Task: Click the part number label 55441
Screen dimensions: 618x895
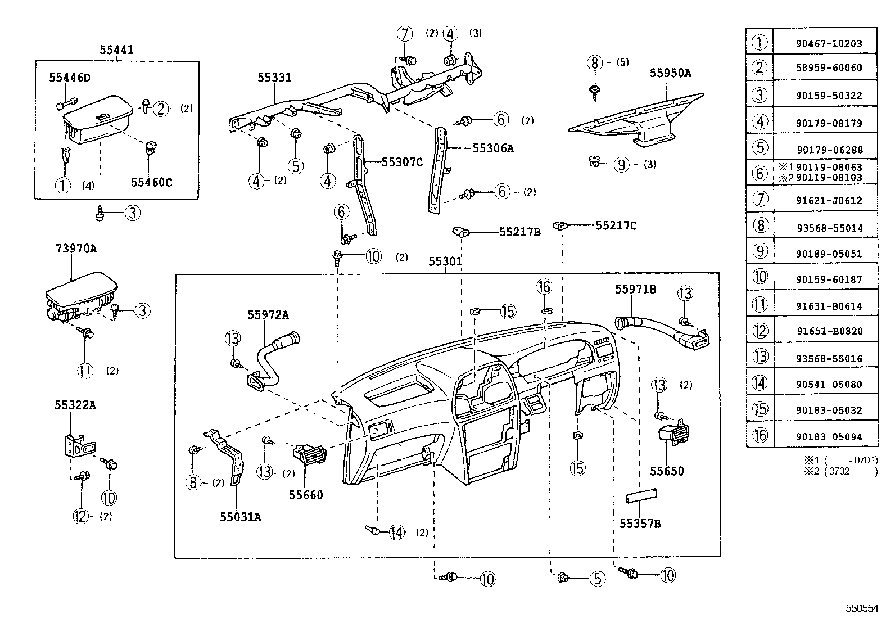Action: click(117, 49)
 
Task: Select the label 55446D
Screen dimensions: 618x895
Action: click(69, 78)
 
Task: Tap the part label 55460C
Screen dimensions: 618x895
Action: click(152, 182)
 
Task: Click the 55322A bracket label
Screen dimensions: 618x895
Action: click(75, 404)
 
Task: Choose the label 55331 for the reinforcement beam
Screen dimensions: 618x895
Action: click(274, 78)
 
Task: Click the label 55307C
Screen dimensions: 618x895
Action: click(402, 163)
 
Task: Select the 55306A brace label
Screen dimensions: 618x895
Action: click(493, 148)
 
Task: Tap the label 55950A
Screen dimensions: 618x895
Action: click(670, 73)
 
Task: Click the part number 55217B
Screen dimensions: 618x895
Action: click(519, 232)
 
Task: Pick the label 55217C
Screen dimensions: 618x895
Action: click(616, 225)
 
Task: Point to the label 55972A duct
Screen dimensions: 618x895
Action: click(268, 315)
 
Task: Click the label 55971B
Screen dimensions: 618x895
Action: click(635, 289)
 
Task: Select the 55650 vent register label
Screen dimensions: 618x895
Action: click(667, 471)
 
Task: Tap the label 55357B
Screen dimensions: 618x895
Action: click(640, 524)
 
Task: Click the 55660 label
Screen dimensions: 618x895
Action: click(306, 495)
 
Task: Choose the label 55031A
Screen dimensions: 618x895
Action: click(240, 517)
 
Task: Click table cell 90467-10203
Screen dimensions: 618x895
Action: click(828, 43)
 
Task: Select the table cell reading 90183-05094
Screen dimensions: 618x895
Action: click(828, 436)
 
